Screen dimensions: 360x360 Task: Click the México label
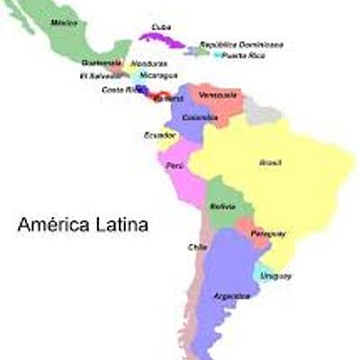(x=64, y=21)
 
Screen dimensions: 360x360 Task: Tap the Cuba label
(x=162, y=25)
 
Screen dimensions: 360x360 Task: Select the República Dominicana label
(x=241, y=43)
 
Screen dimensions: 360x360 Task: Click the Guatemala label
(x=102, y=63)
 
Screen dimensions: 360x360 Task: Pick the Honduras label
(x=148, y=64)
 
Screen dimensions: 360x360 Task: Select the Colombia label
(x=199, y=117)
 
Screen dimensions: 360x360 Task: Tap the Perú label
(x=174, y=167)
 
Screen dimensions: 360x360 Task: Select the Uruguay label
(x=275, y=274)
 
